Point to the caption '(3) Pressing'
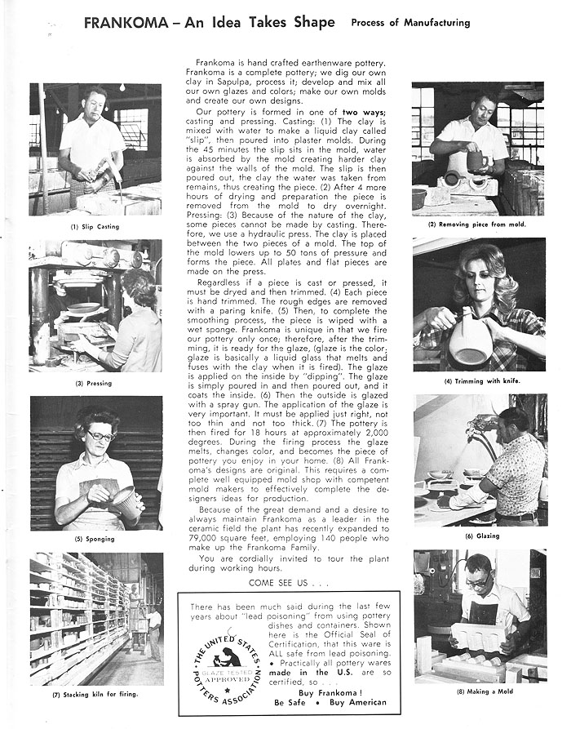tap(95, 383)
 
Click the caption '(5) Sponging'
tap(95, 540)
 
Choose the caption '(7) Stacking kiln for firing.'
tap(96, 695)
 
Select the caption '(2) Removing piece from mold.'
tap(477, 224)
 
